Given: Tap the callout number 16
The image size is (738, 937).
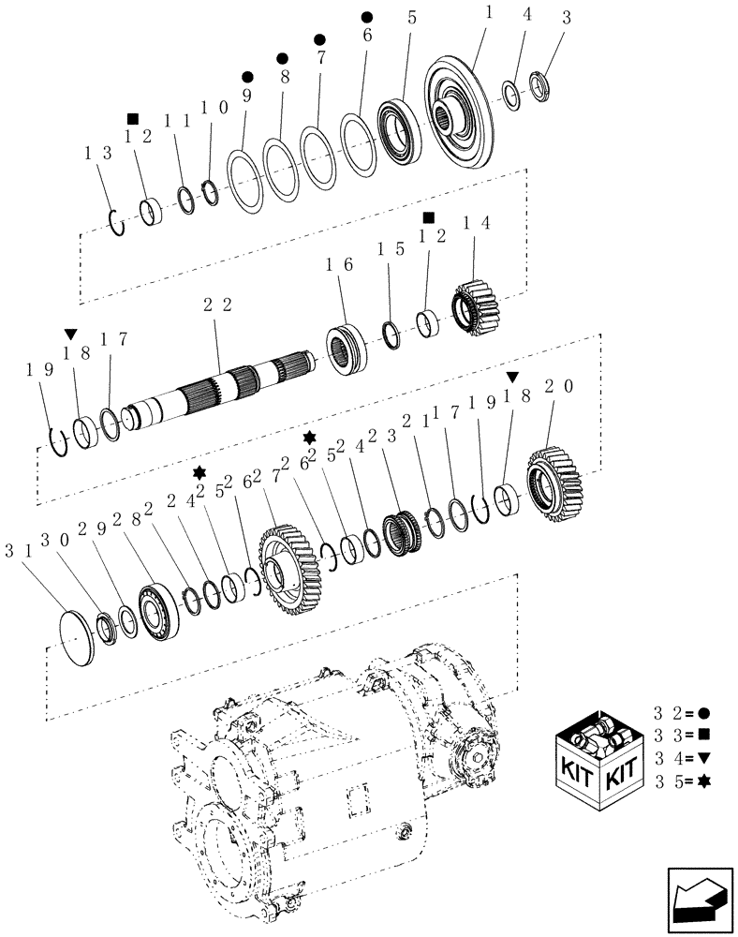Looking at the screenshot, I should pyautogui.click(x=338, y=265).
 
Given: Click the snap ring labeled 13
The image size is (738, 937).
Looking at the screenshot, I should pyautogui.click(x=116, y=224).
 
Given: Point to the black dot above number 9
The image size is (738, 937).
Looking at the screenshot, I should pyautogui.click(x=247, y=76).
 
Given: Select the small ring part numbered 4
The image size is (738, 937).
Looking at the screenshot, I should pyautogui.click(x=512, y=93).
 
